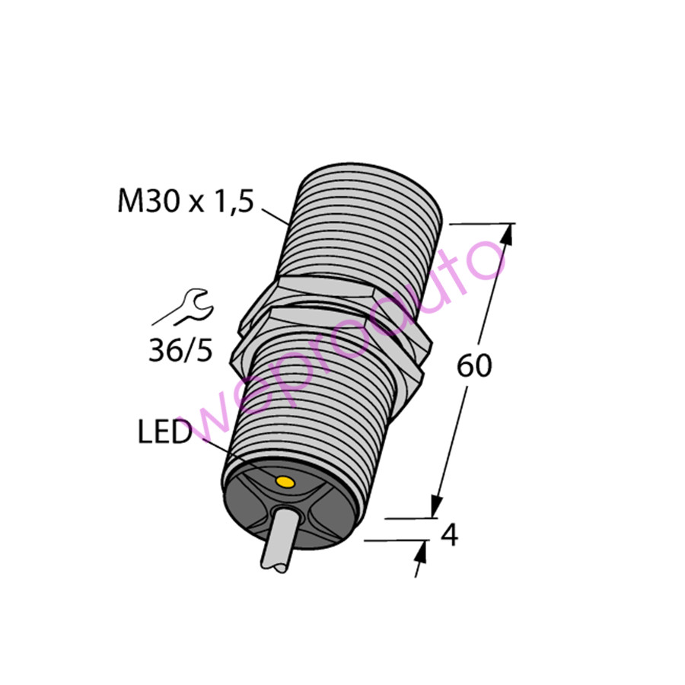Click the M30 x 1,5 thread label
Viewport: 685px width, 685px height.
click(183, 202)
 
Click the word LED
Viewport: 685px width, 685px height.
click(164, 434)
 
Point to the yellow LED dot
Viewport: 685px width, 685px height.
click(285, 481)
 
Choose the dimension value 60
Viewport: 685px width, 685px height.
click(474, 367)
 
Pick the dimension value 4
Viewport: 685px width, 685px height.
click(450, 537)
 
